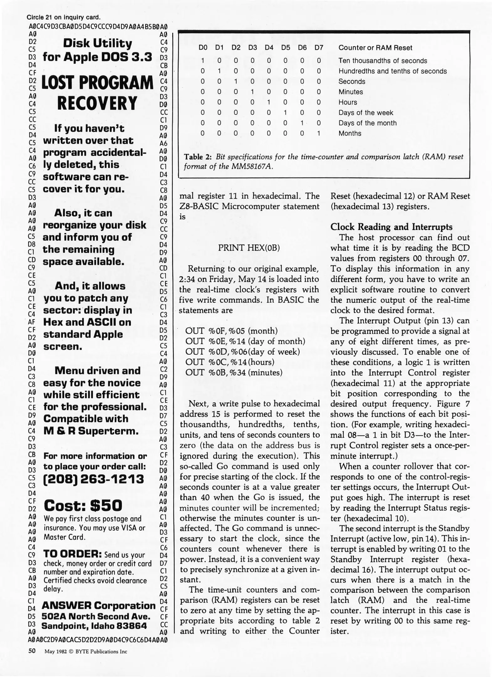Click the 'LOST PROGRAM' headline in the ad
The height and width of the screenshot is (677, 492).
click(97, 83)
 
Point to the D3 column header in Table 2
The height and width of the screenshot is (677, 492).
click(252, 48)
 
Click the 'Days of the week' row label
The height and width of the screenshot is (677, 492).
click(365, 113)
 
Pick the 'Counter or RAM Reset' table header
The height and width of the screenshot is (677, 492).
click(375, 48)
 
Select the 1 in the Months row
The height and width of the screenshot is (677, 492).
click(319, 133)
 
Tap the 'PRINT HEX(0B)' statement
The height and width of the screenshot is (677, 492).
click(249, 248)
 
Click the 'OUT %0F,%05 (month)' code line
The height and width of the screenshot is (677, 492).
click(231, 331)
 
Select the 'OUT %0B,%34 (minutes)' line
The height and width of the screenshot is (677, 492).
click(234, 372)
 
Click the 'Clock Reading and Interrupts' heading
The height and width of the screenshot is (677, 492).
click(391, 227)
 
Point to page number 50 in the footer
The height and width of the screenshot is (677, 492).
click(32, 651)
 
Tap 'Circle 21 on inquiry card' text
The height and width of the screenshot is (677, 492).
click(64, 17)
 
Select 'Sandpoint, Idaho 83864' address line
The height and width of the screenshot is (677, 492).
click(94, 626)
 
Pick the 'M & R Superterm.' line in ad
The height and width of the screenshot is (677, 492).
click(91, 431)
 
